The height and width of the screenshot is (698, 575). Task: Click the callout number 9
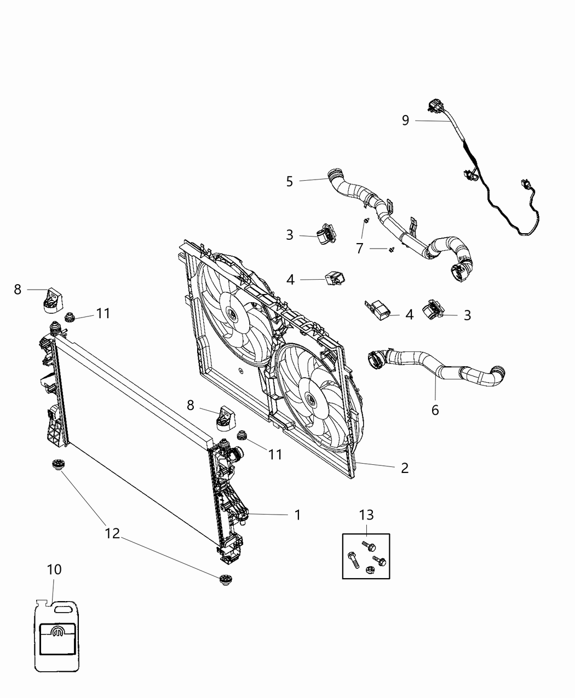coord(405,120)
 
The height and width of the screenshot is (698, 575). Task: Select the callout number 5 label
coord(290,181)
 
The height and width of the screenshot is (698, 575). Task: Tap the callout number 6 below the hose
coord(435,409)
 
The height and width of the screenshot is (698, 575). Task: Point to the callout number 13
coord(366,515)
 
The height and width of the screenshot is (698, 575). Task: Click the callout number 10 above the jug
coord(54,569)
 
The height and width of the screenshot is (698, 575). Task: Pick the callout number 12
coord(112,533)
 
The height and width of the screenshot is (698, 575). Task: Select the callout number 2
coord(404,468)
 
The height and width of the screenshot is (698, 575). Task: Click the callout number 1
coord(297,515)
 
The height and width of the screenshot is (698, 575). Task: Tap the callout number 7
coord(360,248)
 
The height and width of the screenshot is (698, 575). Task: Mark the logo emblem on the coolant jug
coord(57,634)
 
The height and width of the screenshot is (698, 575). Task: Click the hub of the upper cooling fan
coord(231,314)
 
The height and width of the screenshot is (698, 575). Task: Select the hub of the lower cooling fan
coord(311,399)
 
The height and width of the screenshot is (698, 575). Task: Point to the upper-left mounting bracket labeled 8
coord(53,299)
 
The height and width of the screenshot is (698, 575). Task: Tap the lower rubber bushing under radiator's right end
coord(225,580)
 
